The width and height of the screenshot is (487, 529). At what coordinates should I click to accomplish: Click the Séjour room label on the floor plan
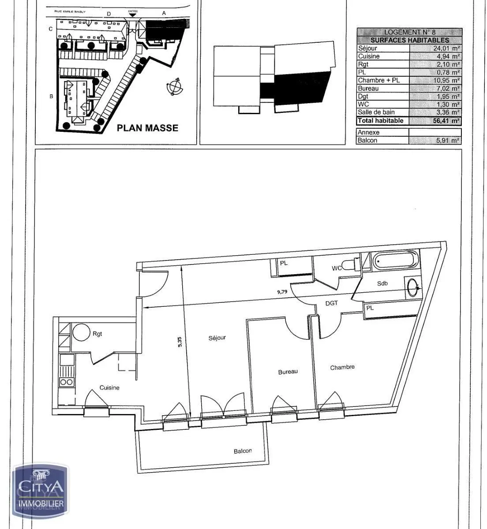click(x=217, y=338)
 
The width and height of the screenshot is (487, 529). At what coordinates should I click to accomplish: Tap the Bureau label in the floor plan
click(x=288, y=372)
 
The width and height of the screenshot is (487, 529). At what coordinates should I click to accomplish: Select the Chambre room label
click(x=342, y=367)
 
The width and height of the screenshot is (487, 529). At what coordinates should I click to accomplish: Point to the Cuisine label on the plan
click(x=109, y=388)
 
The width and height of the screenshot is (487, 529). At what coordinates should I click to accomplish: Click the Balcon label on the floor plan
click(x=243, y=451)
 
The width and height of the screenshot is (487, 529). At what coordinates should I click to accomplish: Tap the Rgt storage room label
click(x=97, y=334)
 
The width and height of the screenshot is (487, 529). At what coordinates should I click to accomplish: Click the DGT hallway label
click(x=331, y=303)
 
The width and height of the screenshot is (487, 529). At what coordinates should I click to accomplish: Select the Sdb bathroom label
click(x=382, y=283)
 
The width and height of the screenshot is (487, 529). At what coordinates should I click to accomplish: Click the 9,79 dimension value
click(x=281, y=291)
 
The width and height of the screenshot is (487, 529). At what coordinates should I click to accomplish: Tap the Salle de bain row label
click(x=376, y=112)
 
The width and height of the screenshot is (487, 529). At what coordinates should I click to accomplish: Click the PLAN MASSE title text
click(x=147, y=128)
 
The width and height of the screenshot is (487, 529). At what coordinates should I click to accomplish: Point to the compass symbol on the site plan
click(x=175, y=86)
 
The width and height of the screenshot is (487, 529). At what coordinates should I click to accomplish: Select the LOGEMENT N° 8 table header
click(x=409, y=32)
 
